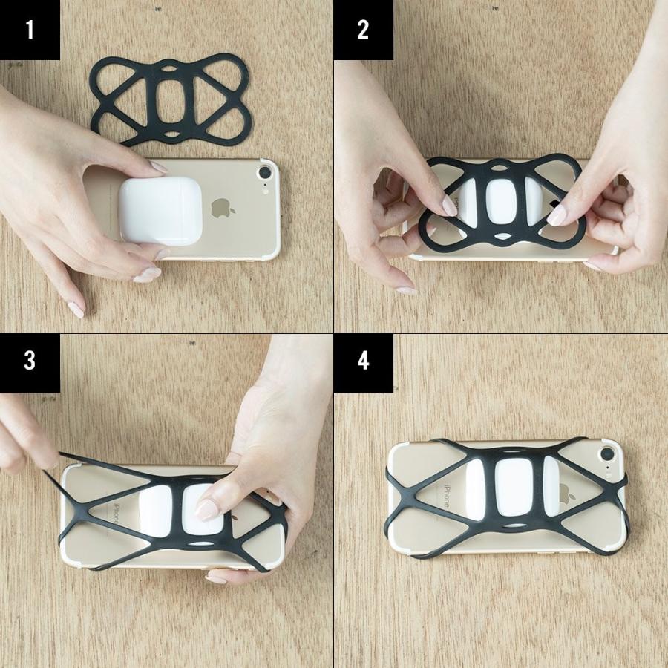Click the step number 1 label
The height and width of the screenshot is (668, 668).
[x=30, y=30]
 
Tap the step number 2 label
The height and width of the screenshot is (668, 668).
[x=363, y=30]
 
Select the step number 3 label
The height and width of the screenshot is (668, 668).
[x=30, y=361]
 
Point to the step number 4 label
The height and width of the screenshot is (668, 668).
[x=363, y=361]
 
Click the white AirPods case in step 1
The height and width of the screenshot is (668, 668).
[x=160, y=211]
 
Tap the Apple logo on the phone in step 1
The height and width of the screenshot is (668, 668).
[x=223, y=208]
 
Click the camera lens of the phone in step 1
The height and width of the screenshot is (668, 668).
[x=265, y=173]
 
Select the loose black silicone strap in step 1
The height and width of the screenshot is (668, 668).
[x=171, y=99]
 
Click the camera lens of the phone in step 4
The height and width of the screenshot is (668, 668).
[x=607, y=454]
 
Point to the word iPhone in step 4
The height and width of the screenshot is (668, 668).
[x=448, y=497]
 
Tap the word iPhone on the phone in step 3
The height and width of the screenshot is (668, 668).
[x=117, y=514]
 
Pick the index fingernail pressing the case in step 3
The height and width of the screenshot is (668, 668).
[x=206, y=509]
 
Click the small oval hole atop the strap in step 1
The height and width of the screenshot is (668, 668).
[x=168, y=68]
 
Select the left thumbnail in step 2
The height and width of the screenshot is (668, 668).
[x=449, y=206]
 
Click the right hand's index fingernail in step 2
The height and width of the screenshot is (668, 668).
[x=557, y=215]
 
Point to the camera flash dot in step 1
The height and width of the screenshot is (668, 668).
[x=266, y=191]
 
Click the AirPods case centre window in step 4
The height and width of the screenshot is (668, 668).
[x=514, y=488]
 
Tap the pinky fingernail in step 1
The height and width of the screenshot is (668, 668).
[x=76, y=310]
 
